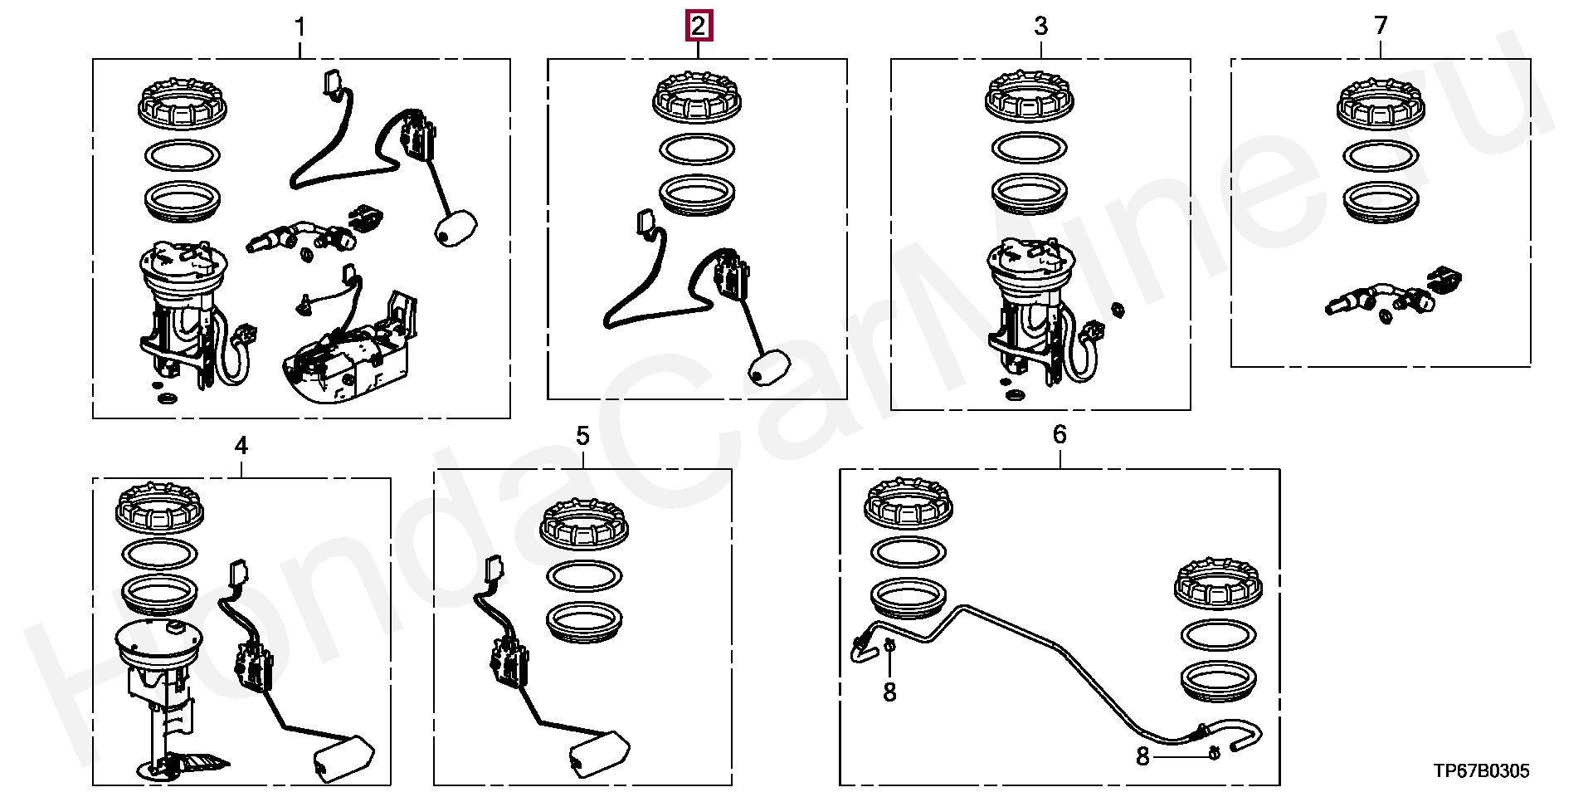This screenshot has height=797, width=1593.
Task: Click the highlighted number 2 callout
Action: click(x=698, y=27)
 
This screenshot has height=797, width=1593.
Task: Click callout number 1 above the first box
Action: click(x=300, y=27)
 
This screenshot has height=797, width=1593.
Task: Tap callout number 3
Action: click(x=1040, y=27)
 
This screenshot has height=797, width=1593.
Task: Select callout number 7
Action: click(x=1381, y=27)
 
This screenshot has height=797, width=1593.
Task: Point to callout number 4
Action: click(x=241, y=446)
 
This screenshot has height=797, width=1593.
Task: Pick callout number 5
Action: click(x=582, y=436)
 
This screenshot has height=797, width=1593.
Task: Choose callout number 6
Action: click(x=1060, y=434)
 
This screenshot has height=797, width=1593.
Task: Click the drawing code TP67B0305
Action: click(x=1481, y=771)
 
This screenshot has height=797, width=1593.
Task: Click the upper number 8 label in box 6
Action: click(x=889, y=691)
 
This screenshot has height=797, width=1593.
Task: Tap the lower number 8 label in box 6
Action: click(x=1142, y=756)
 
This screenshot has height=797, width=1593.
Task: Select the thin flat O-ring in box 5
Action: click(x=585, y=575)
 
